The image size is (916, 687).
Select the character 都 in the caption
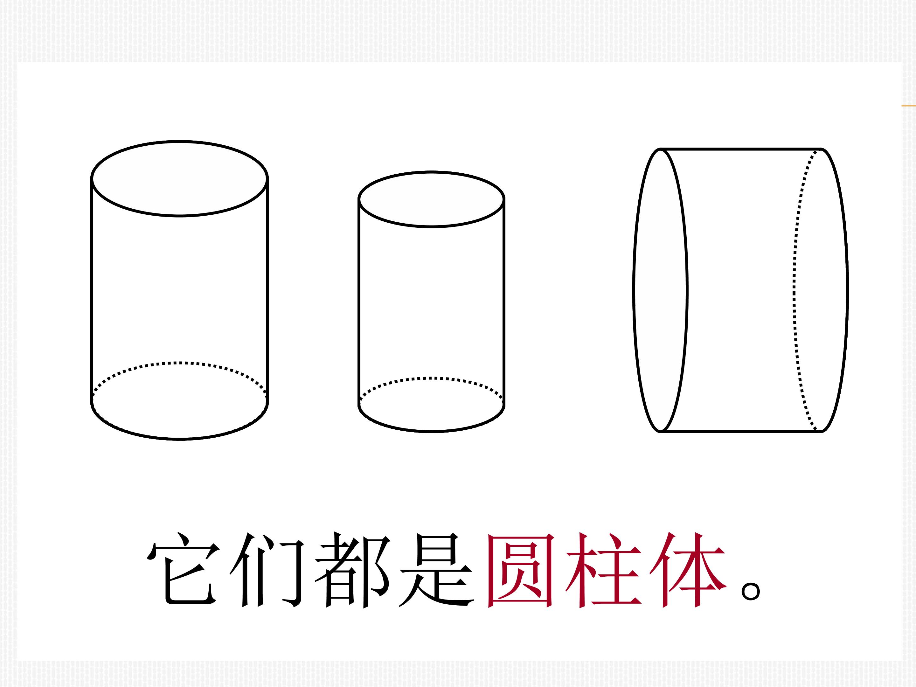coord(352,570)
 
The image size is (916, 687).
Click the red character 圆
coord(521,570)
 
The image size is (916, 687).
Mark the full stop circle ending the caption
coord(750,591)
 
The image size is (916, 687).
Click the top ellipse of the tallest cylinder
coord(180,141)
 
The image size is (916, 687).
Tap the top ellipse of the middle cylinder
coord(432,172)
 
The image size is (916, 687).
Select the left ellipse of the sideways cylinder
coord(634,290)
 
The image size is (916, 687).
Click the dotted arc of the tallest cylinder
coord(180,363)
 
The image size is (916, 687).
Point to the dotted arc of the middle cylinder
coord(432,378)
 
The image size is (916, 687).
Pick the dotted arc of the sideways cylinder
coord(794,290)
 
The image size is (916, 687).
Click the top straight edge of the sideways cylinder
coord(741,149)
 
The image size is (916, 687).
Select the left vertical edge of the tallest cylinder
coord(92,290)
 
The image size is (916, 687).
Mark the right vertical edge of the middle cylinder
coord(504,302)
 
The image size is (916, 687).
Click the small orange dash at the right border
coord(909,106)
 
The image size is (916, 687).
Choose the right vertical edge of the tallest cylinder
coord(267,290)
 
